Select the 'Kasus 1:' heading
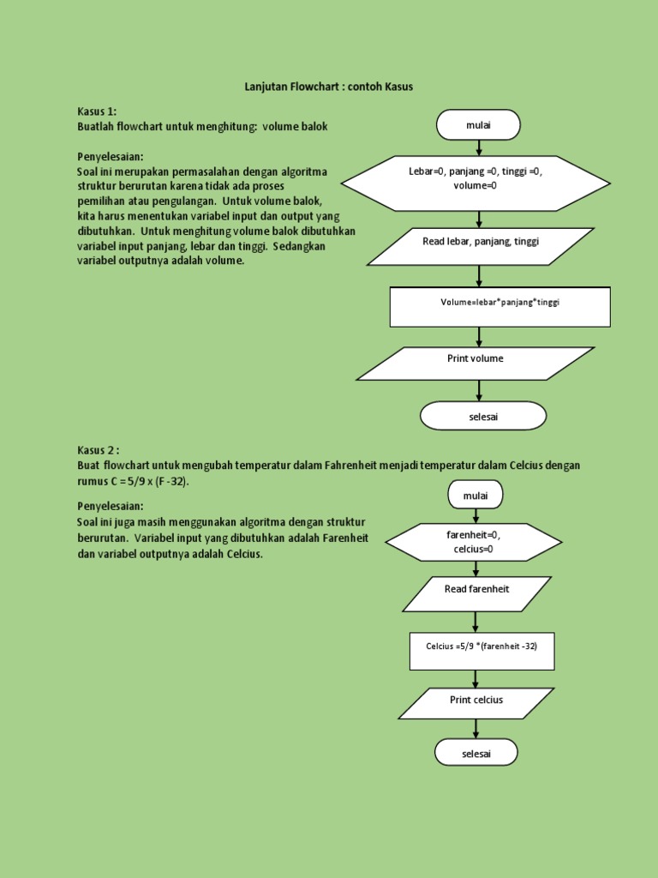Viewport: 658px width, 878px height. pyautogui.click(x=97, y=111)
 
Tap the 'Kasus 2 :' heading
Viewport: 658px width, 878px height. pyautogui.click(x=99, y=450)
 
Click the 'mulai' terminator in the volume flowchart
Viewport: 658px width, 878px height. pyautogui.click(x=478, y=125)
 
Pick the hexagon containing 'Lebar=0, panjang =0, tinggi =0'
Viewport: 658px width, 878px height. pyautogui.click(x=476, y=183)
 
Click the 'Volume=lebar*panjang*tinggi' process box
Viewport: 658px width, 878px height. pyautogui.click(x=499, y=307)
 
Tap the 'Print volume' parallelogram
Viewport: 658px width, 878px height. pyautogui.click(x=476, y=364)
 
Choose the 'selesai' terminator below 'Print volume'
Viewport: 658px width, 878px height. pyautogui.click(x=482, y=416)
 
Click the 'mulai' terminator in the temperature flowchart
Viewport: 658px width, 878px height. pyautogui.click(x=475, y=495)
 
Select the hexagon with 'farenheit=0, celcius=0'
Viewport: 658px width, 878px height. pyautogui.click(x=474, y=542)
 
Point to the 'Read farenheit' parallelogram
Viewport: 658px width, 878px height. pyautogui.click(x=476, y=593)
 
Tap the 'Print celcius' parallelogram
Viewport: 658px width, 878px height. pyautogui.click(x=476, y=703)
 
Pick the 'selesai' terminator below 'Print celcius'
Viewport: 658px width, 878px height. pyautogui.click(x=476, y=753)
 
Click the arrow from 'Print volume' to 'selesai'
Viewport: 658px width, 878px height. pyautogui.click(x=479, y=391)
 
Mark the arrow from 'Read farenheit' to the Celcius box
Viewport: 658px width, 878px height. pyautogui.click(x=476, y=622)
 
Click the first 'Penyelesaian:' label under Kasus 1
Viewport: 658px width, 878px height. pyautogui.click(x=111, y=157)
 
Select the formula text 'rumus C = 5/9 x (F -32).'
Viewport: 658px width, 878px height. pyautogui.click(x=133, y=481)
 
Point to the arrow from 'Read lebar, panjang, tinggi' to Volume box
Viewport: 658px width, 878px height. pyautogui.click(x=479, y=276)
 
